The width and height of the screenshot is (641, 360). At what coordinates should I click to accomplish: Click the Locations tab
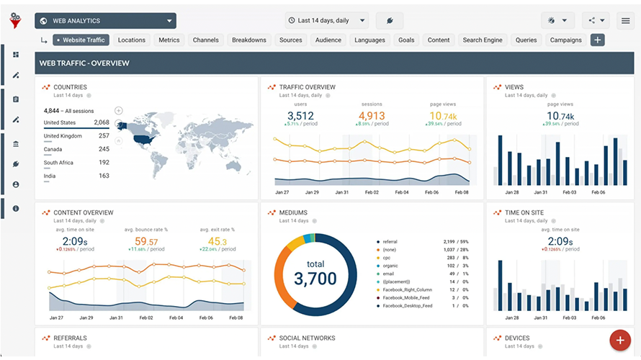pyautogui.click(x=132, y=40)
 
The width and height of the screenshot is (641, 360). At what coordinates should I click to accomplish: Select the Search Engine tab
pyautogui.click(x=482, y=40)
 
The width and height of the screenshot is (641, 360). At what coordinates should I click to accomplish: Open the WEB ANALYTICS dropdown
pyautogui.click(x=105, y=21)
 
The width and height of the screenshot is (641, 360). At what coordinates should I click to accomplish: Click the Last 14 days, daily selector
pyautogui.click(x=326, y=21)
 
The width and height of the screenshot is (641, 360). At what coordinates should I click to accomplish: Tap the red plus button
pyautogui.click(x=619, y=339)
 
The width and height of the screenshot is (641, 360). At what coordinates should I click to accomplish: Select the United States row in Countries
pyautogui.click(x=76, y=122)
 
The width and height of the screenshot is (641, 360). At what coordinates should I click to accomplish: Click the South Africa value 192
pyautogui.click(x=104, y=163)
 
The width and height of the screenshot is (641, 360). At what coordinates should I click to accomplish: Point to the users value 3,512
pyautogui.click(x=300, y=116)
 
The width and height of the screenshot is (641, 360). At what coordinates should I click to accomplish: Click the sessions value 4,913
pyautogui.click(x=372, y=116)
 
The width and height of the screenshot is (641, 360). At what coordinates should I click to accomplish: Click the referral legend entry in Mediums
pyautogui.click(x=391, y=242)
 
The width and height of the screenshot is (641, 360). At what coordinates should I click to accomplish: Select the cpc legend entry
pyautogui.click(x=387, y=257)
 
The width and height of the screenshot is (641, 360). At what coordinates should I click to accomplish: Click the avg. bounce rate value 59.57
pyautogui.click(x=146, y=241)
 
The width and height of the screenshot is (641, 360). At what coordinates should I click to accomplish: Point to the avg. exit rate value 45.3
pyautogui.click(x=217, y=241)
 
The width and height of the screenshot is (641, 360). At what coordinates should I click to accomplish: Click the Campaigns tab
pyautogui.click(x=565, y=40)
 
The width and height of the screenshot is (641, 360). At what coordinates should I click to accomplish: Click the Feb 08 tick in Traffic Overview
pyautogui.click(x=461, y=192)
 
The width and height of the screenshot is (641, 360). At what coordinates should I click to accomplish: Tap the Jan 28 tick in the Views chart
pyautogui.click(x=512, y=192)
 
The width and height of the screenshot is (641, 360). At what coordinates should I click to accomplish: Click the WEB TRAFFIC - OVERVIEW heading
pyautogui.click(x=84, y=63)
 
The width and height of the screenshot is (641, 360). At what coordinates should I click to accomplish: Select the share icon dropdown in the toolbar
pyautogui.click(x=596, y=21)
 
